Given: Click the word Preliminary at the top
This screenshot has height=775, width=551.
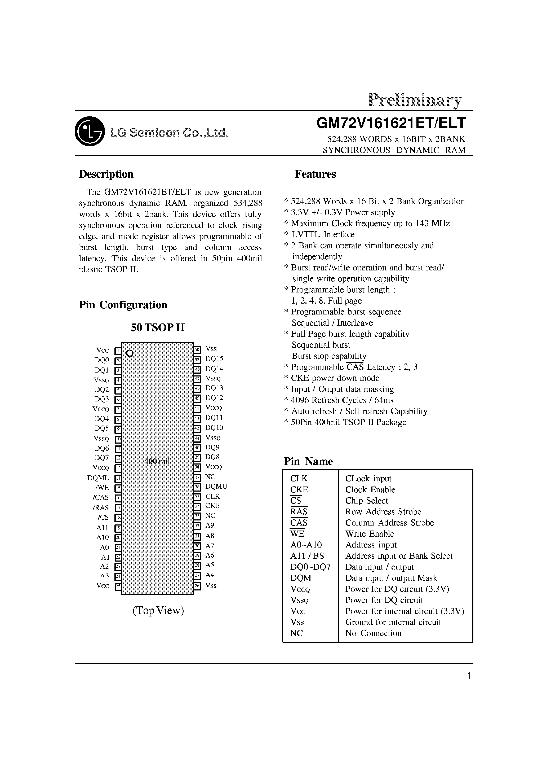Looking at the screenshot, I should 415,100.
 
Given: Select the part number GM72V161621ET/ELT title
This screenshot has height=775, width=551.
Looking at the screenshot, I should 391,123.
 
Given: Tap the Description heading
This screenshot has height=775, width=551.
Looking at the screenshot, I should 106,174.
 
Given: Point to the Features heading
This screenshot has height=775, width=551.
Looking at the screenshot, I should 315,174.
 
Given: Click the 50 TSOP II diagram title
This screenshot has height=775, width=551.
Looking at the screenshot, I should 158,327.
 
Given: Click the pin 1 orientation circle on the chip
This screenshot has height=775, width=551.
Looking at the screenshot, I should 130,353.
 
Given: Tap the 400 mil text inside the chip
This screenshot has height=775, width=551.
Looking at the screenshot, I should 157,461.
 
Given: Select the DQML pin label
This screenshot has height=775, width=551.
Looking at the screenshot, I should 98,478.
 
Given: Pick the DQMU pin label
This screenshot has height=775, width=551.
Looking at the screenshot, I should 216,486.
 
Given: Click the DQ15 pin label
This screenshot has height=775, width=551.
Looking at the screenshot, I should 214,359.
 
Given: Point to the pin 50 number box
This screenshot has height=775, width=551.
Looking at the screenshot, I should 197,349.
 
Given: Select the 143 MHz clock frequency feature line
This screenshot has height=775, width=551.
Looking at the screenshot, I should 370,224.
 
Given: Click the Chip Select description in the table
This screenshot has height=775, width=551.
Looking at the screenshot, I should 366,501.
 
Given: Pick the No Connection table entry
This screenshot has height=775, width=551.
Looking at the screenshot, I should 373,633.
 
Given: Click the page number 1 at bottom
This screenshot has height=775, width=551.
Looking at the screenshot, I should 469,676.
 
